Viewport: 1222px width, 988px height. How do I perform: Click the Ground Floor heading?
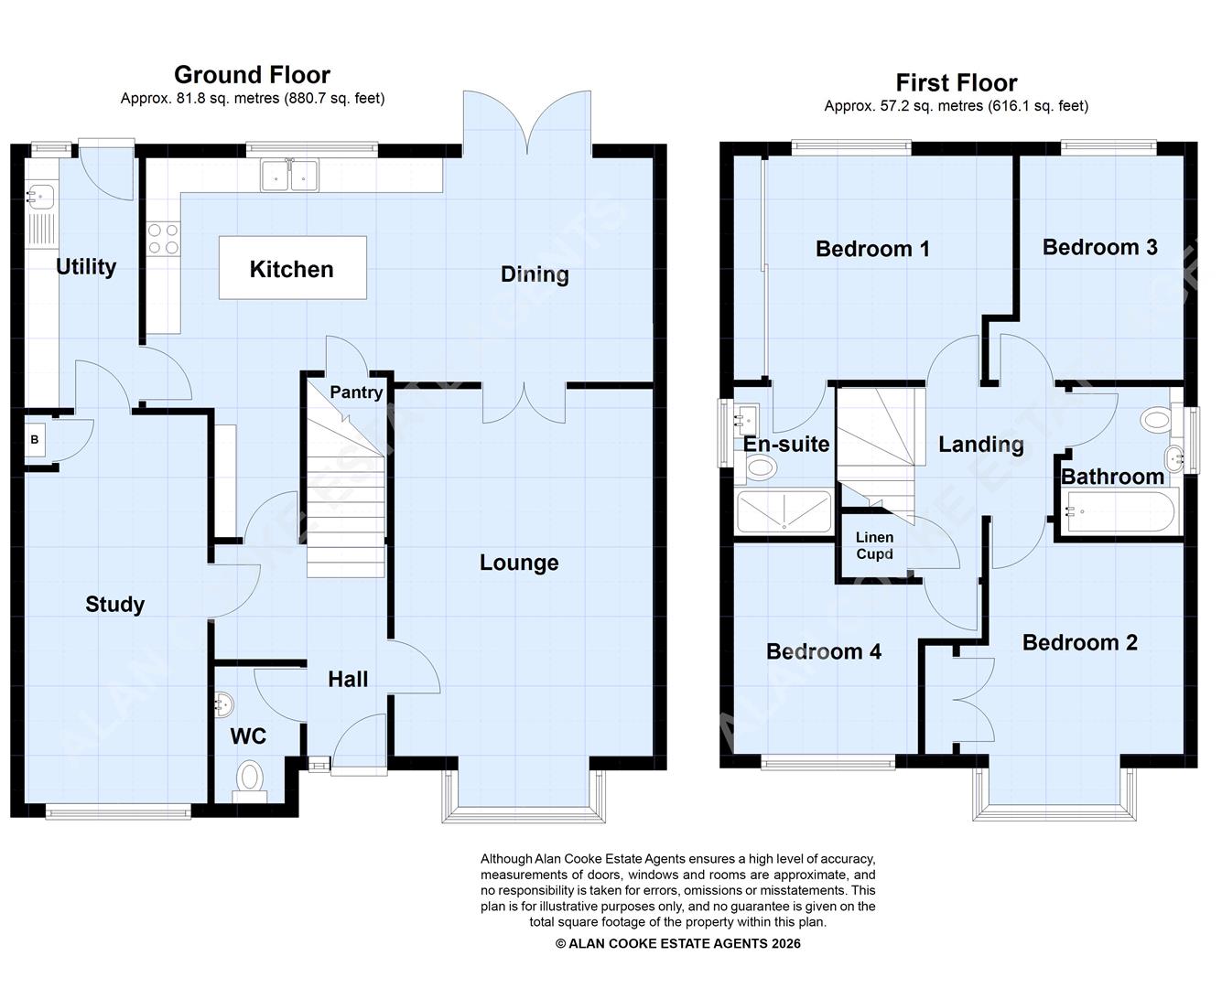252,75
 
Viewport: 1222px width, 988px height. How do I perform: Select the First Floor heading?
956,83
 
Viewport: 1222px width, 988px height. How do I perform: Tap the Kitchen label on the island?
291,269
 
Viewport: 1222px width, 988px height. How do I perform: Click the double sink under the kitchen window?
289,175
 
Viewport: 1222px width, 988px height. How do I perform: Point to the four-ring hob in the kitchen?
163,239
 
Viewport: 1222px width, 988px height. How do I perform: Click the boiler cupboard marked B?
35,440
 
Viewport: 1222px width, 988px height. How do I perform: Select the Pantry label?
356,392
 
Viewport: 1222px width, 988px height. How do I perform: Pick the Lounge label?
519,563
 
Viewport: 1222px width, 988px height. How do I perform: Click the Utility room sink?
39,194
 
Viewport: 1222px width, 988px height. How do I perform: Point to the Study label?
114,604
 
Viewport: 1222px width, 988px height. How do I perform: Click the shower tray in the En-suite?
784,512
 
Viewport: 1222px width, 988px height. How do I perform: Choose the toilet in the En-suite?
760,468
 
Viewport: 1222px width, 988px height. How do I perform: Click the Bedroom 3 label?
1099,247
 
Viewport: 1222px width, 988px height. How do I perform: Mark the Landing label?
980,445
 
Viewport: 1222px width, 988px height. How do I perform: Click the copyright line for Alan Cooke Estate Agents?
677,943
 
